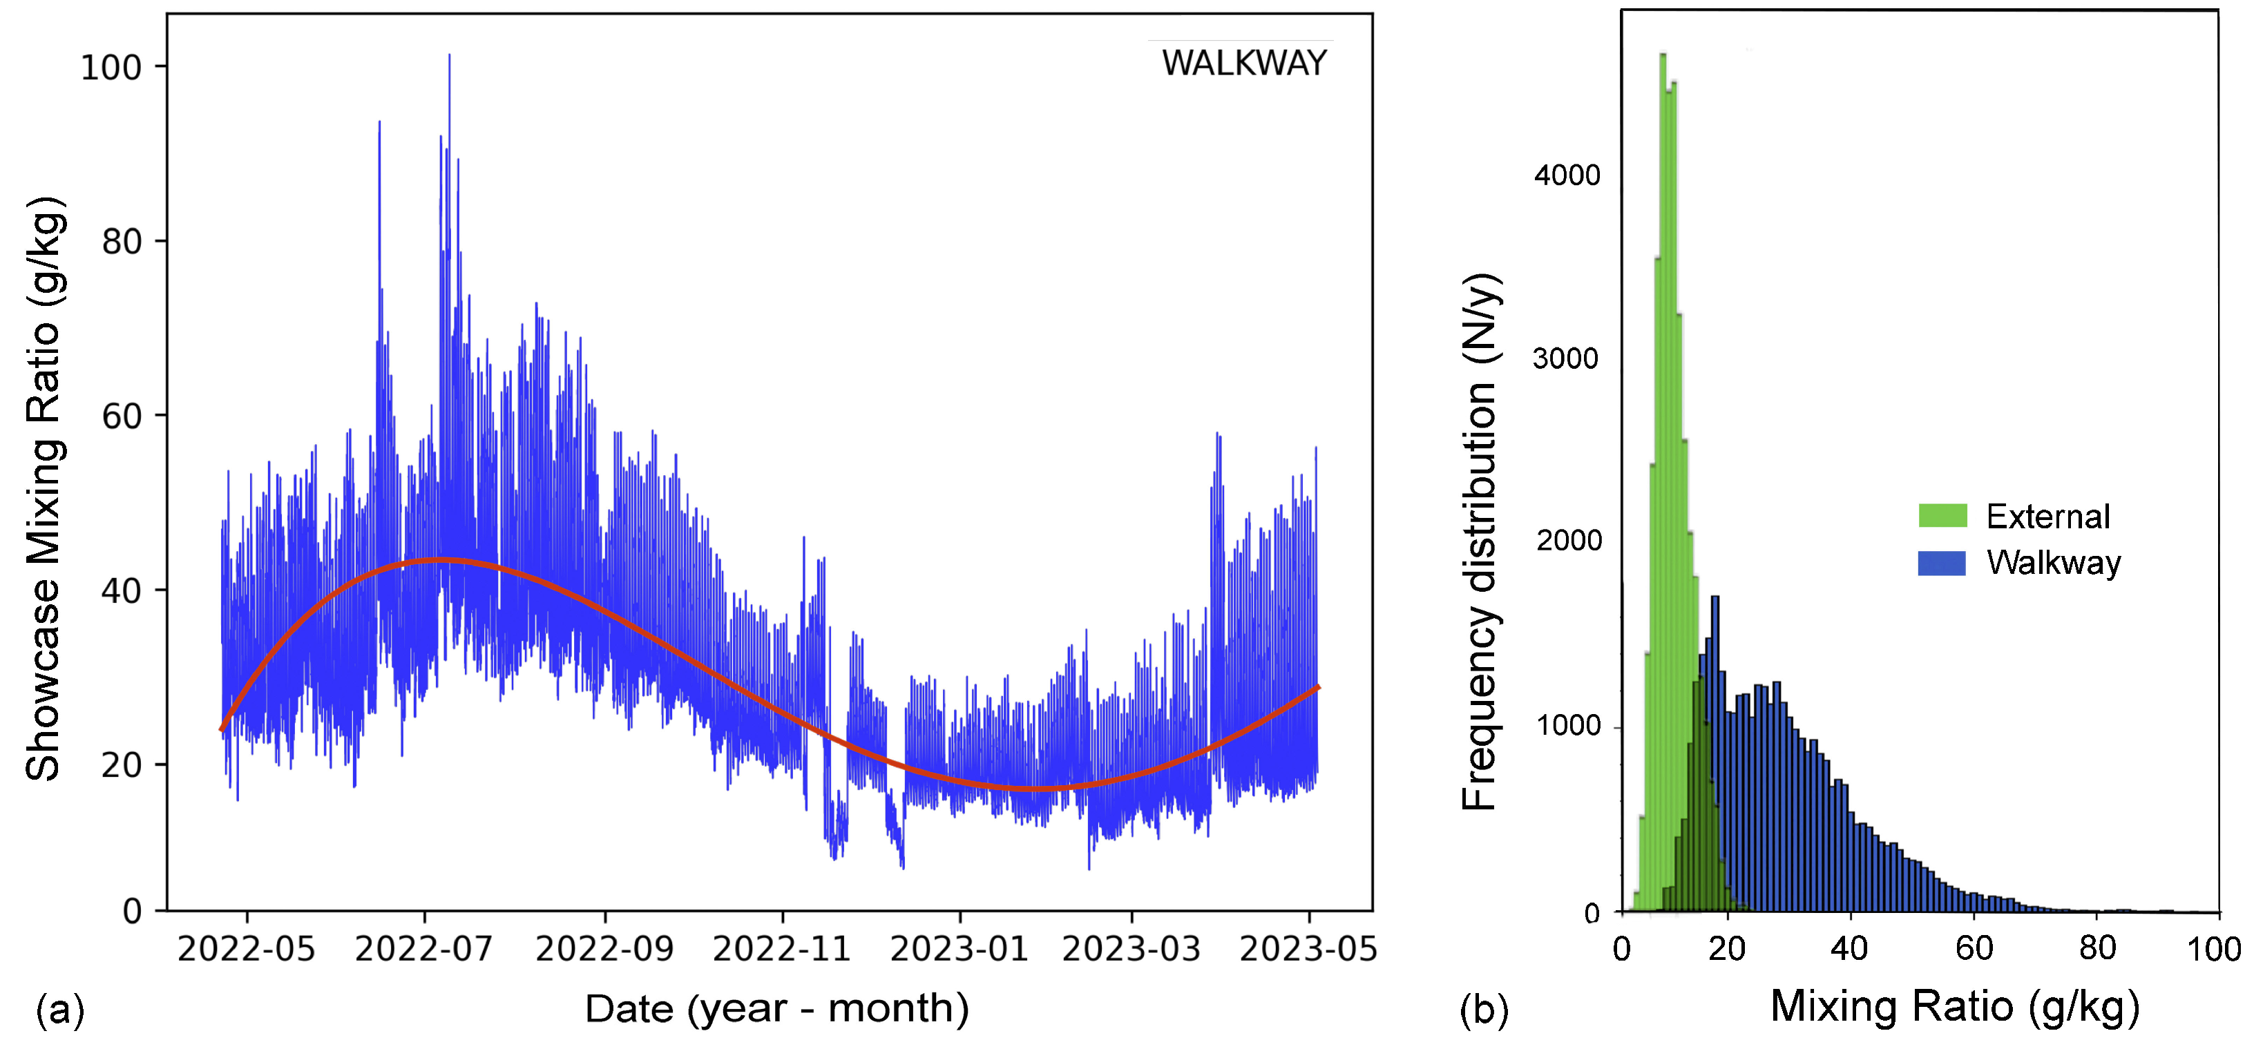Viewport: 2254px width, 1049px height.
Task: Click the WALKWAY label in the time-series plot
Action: coord(1243,63)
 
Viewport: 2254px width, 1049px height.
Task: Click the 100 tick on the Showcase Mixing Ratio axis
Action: coord(111,68)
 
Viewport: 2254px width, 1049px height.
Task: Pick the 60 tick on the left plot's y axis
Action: coord(122,416)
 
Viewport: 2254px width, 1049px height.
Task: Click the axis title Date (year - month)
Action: coord(776,1009)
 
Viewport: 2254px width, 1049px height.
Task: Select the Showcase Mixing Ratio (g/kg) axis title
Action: coord(44,488)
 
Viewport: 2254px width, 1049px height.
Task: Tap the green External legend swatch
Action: coord(1942,516)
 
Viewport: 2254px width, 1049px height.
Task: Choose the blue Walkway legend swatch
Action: coord(1942,563)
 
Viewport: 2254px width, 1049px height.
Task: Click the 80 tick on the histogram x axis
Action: coord(2097,948)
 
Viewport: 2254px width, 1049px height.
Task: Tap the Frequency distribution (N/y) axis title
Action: coord(1480,542)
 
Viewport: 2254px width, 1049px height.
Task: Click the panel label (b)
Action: coord(1484,1010)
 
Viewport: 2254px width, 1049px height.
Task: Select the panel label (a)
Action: coord(59,1010)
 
